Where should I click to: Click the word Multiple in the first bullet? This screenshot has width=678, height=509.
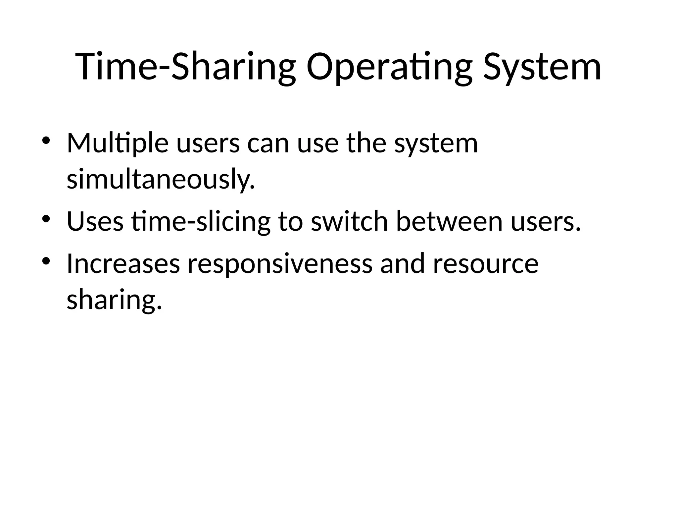tap(118, 143)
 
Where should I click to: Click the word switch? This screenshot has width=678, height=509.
tap(349, 221)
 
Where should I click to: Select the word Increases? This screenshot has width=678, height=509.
tap(123, 264)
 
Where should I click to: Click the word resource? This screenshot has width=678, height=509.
tap(486, 264)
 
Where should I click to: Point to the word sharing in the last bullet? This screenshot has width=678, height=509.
tap(114, 300)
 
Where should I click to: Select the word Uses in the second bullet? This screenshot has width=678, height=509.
tap(95, 221)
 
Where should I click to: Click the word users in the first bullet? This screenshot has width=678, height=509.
tap(208, 143)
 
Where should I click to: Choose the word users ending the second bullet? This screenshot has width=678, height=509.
tap(546, 221)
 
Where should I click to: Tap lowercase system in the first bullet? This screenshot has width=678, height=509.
tap(436, 143)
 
